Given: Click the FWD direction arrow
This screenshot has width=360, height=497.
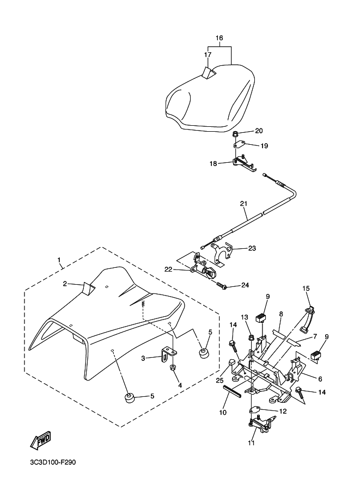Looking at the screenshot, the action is pyautogui.click(x=40, y=440).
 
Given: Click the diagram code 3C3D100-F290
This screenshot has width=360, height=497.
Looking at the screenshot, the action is pyautogui.click(x=53, y=463).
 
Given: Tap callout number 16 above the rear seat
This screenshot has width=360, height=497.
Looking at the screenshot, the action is pyautogui.click(x=219, y=38).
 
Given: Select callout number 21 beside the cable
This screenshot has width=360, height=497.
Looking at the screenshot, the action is pyautogui.click(x=243, y=204).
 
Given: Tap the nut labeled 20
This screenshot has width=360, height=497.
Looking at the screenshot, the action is pyautogui.click(x=235, y=133).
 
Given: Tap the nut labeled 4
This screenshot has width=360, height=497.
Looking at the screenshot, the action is pyautogui.click(x=173, y=369).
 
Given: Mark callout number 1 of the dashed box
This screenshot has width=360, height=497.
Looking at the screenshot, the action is pyautogui.click(x=59, y=260).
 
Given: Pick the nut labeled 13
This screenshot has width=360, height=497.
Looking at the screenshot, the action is pyautogui.click(x=251, y=338).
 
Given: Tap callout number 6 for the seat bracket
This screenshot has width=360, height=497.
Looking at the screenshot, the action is pyautogui.click(x=320, y=379).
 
